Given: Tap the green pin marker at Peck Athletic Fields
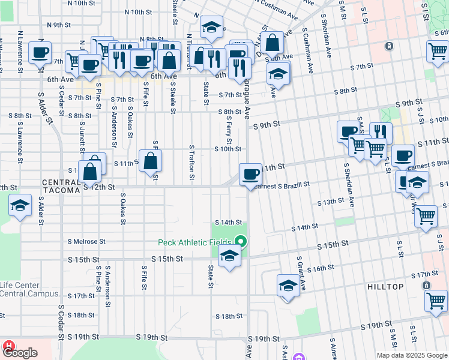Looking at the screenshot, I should point(241,242).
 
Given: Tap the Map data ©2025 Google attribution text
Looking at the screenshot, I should point(411,355).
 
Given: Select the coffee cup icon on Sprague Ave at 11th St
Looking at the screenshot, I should point(250,175).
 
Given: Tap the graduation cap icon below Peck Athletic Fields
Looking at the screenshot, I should point(229,256).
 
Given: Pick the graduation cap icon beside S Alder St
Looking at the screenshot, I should point(20,206).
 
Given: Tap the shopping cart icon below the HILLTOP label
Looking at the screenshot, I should point(436,301).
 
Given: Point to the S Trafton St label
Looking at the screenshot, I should point(192,162).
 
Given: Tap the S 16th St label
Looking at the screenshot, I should point(322,268).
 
